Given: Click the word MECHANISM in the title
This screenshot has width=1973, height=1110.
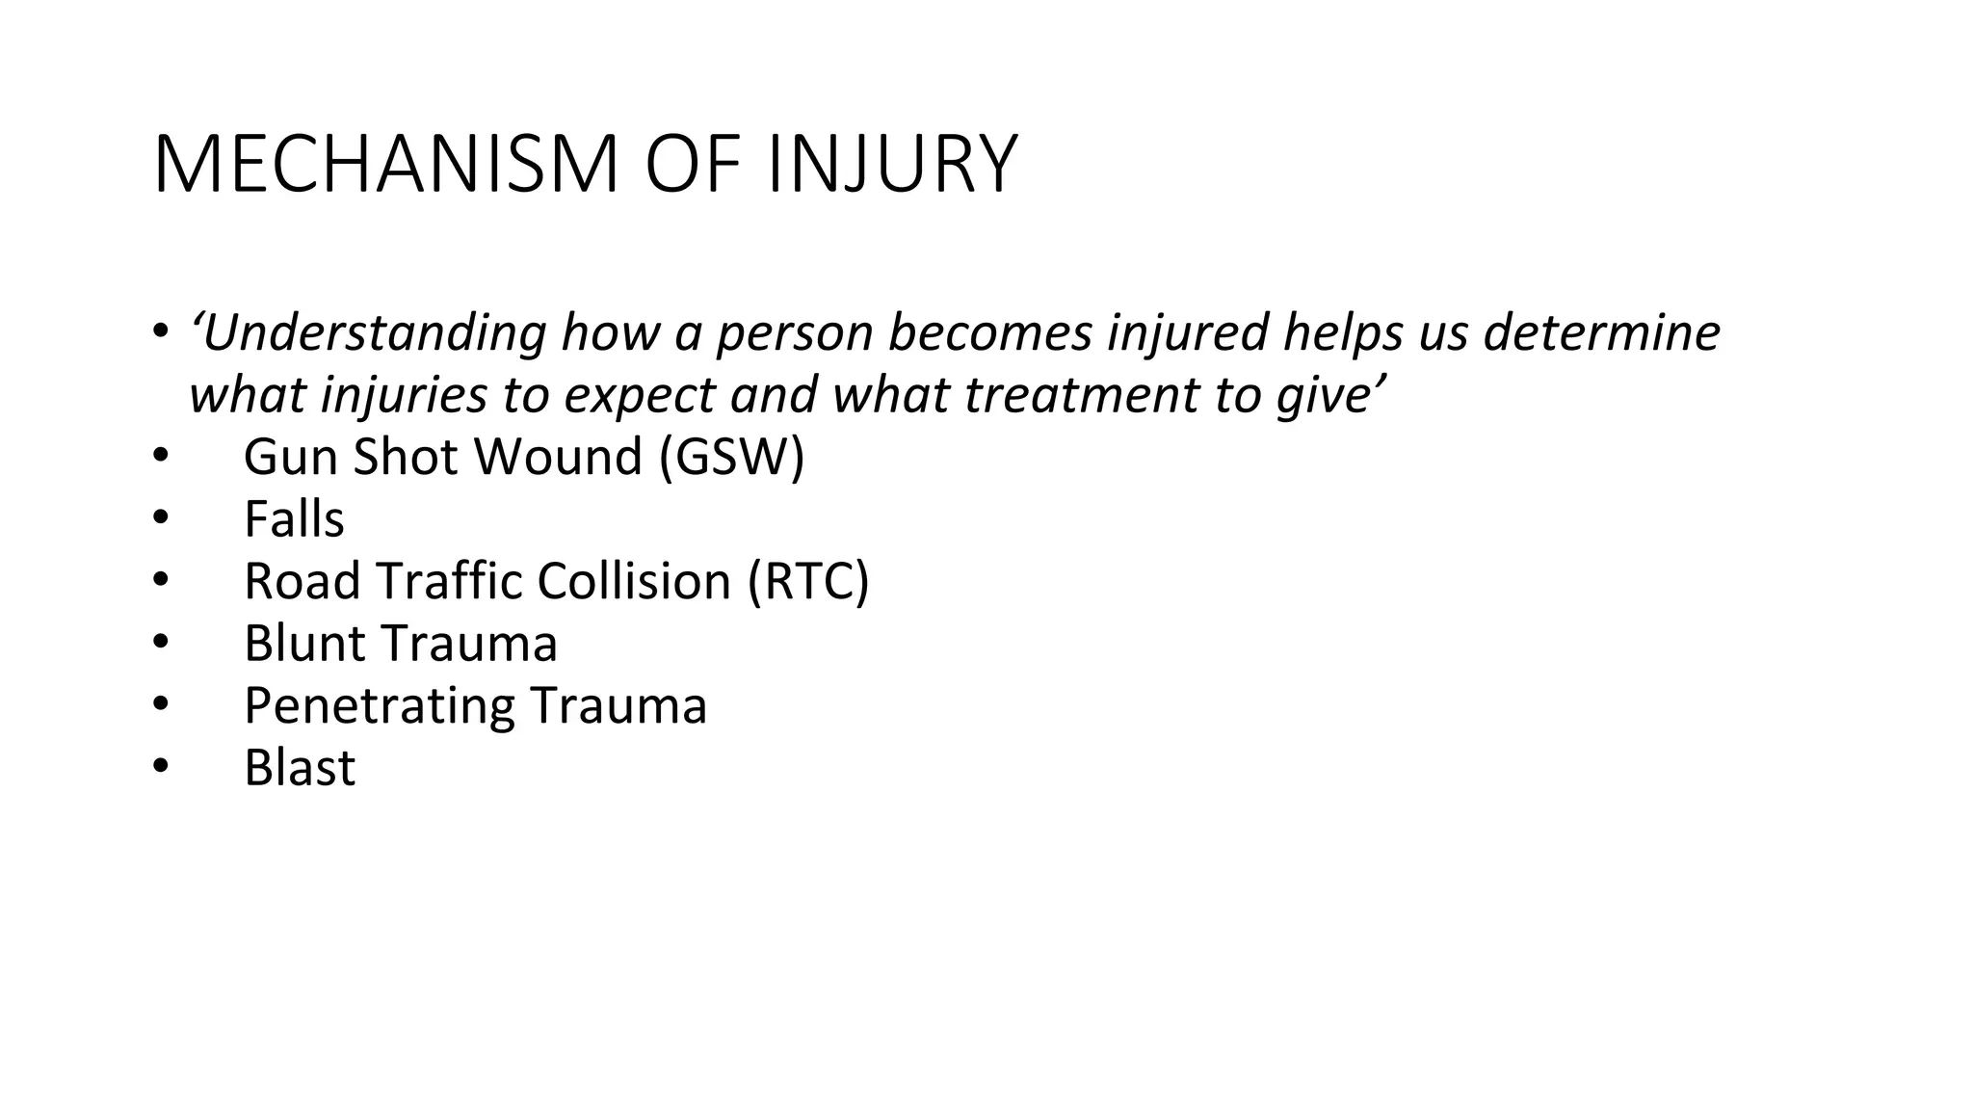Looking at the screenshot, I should (385, 165).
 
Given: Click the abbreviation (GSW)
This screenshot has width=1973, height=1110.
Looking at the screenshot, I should (732, 457).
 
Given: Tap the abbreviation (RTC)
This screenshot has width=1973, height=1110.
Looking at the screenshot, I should (808, 581).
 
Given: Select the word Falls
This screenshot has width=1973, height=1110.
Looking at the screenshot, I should (294, 519).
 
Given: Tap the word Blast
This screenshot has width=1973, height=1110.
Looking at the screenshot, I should (300, 768).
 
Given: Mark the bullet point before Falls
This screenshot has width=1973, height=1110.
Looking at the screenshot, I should (160, 520).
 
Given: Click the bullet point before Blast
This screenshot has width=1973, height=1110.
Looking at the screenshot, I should (160, 769).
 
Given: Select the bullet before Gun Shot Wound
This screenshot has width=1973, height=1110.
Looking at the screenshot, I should (160, 458).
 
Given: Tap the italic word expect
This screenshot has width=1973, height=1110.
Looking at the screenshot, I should (640, 396).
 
